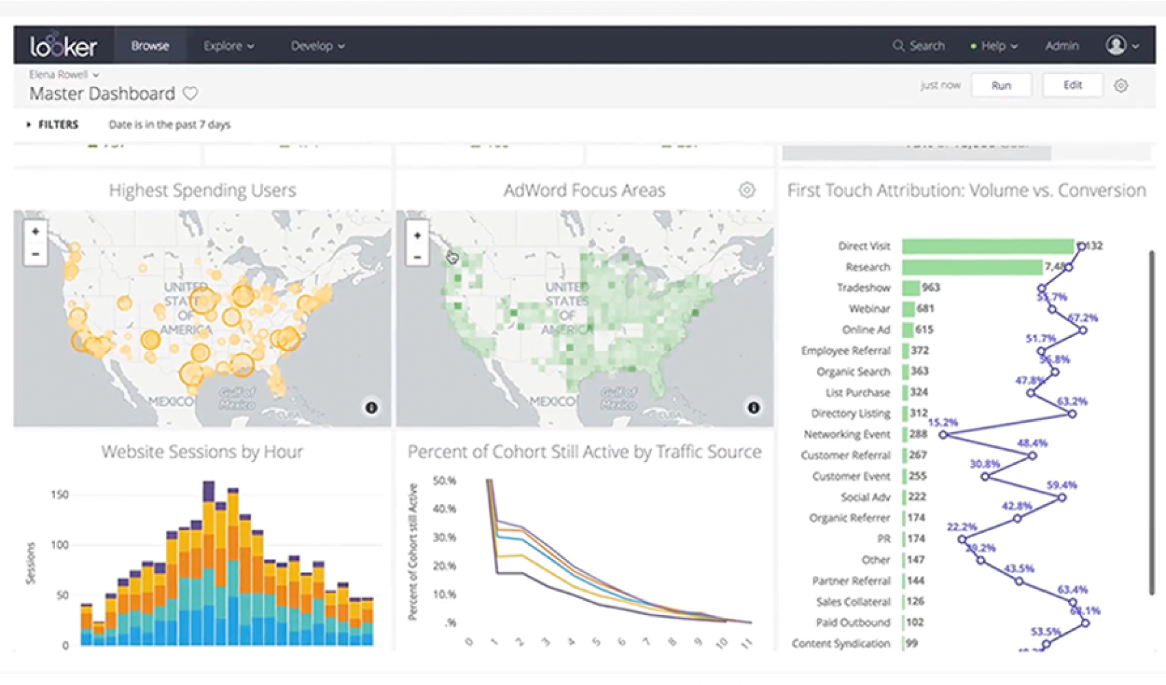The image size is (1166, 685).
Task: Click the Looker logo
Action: (x=63, y=46)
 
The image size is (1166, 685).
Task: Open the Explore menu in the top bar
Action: (x=228, y=46)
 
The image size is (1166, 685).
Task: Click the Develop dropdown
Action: (x=317, y=46)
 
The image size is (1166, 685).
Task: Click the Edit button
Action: (x=1072, y=85)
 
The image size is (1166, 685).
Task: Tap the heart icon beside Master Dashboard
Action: (x=191, y=93)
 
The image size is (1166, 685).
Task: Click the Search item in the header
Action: (x=919, y=46)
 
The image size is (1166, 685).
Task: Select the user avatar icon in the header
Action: (x=1116, y=45)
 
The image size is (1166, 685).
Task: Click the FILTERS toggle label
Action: (x=58, y=124)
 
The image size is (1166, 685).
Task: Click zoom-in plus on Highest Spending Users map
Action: (x=35, y=232)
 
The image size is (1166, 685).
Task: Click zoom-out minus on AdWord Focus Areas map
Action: (x=417, y=258)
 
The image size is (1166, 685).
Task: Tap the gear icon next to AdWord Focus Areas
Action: (x=747, y=190)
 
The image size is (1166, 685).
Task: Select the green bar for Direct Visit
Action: (x=987, y=246)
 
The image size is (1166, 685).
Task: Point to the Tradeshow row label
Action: (x=863, y=288)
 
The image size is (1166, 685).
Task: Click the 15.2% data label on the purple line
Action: (x=942, y=422)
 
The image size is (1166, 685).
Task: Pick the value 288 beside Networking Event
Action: (x=918, y=434)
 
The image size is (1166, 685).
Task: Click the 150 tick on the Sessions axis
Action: (x=60, y=494)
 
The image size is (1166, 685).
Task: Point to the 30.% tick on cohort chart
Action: (x=444, y=538)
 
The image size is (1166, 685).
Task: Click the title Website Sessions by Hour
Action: (x=202, y=452)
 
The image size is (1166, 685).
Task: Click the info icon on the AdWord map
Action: (x=753, y=407)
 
